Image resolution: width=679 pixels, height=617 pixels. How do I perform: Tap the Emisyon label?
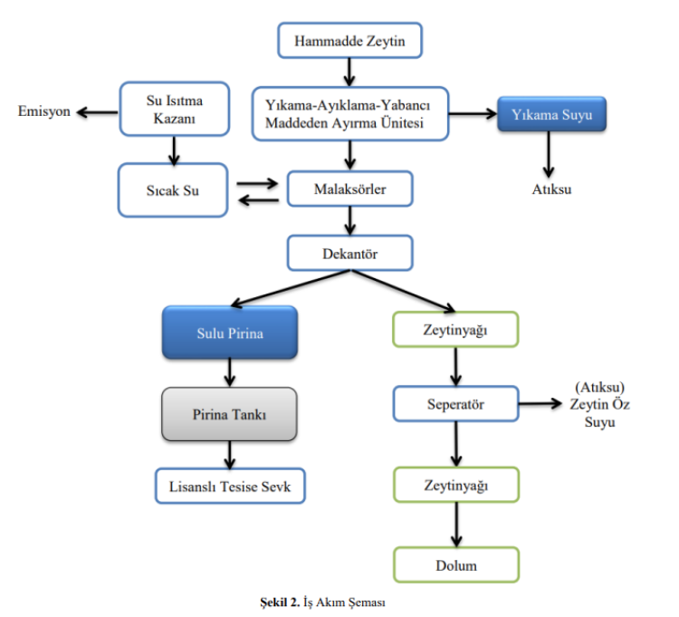[x=44, y=112]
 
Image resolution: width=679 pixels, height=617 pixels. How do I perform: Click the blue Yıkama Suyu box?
[x=551, y=115]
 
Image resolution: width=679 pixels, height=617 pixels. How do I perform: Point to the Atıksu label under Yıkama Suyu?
[x=551, y=190]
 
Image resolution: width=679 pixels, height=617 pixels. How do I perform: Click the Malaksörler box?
[x=349, y=188]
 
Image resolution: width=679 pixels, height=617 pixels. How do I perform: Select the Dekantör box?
[x=349, y=253]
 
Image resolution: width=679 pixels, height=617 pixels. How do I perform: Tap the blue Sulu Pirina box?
[x=230, y=333]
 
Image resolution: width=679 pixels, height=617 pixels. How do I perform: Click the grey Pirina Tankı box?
[x=229, y=414]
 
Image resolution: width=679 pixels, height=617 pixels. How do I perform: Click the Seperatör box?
[x=456, y=403]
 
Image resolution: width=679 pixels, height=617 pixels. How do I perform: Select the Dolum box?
[x=456, y=565]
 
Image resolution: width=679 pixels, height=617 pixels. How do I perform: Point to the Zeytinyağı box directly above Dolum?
[x=456, y=486]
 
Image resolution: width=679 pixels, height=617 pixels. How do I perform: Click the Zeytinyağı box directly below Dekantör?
[x=456, y=331]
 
